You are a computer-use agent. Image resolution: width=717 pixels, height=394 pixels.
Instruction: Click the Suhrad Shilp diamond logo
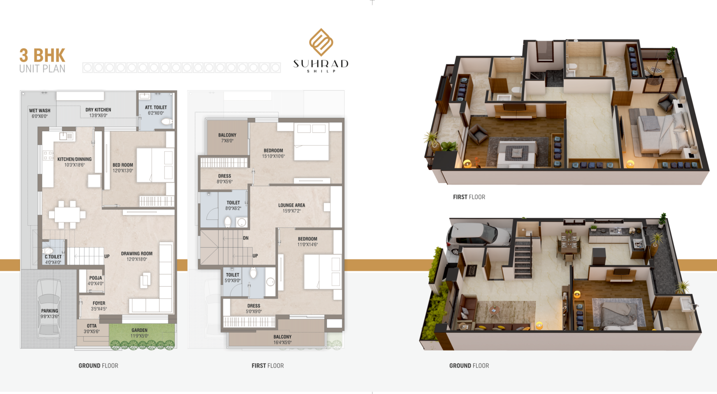pos(321,42)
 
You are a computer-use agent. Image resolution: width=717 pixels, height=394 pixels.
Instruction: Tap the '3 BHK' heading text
pos(42,55)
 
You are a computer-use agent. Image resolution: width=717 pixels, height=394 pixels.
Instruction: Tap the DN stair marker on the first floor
pos(246,238)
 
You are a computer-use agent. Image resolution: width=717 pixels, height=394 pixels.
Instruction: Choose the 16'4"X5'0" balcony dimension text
pos(283,343)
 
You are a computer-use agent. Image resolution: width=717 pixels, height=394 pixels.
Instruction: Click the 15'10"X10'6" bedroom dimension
pos(273,156)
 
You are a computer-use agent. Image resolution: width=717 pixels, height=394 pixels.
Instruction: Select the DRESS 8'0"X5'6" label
pos(225,179)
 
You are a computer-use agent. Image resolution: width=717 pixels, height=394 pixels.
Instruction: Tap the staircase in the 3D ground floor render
pos(523,257)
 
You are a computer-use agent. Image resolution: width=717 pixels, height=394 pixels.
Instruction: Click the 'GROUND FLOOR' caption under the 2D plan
pos(98,366)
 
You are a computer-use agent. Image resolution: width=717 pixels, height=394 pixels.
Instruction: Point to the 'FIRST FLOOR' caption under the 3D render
pos(469,197)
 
